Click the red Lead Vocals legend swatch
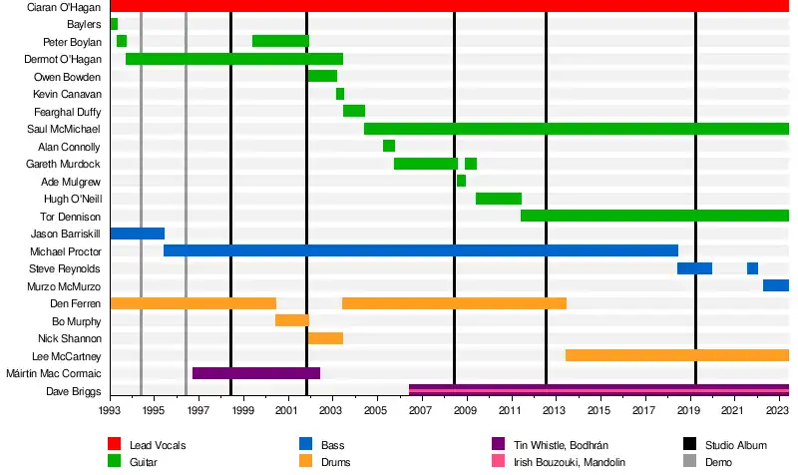tap(115, 444)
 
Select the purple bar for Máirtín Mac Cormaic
tap(256, 373)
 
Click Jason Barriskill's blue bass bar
tap(137, 234)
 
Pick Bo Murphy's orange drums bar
tap(292, 320)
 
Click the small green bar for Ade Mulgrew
tap(461, 181)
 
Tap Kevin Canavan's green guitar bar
tap(340, 94)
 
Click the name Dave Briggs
tap(74, 391)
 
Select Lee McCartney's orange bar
tap(676, 355)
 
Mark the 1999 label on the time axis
tap(243, 409)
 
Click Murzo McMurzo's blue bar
tap(775, 285)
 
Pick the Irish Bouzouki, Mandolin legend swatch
tap(499, 462)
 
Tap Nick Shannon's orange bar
tap(325, 338)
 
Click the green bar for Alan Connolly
tap(389, 146)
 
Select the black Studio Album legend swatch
tap(689, 444)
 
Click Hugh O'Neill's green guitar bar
tap(499, 199)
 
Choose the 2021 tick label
tap(733, 409)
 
